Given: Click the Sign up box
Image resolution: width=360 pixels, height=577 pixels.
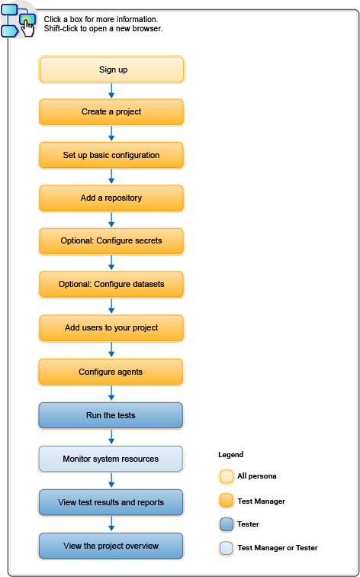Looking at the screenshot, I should (x=111, y=69).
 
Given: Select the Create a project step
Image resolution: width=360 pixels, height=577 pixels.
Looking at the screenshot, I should (x=111, y=112).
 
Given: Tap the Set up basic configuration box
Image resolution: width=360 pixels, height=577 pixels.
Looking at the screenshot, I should (x=111, y=155).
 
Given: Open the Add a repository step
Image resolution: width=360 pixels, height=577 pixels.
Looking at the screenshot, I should (x=111, y=198).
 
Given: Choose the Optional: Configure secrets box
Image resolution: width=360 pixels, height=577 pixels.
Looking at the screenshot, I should (x=111, y=241).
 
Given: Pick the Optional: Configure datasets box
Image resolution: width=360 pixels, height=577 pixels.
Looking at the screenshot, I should (x=111, y=285).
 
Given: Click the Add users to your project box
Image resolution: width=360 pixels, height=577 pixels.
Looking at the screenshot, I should (x=111, y=328).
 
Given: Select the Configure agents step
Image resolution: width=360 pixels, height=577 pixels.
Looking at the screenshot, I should (x=111, y=372).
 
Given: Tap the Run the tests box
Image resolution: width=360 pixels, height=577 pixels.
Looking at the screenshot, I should (x=111, y=415).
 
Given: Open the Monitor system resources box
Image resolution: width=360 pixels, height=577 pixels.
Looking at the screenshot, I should (x=111, y=459).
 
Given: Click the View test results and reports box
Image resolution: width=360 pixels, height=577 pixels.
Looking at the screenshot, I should (x=111, y=502).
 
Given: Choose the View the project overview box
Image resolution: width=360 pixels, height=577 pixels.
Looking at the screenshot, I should (x=111, y=546).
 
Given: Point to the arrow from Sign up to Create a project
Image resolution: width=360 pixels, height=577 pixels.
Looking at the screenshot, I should (x=111, y=91).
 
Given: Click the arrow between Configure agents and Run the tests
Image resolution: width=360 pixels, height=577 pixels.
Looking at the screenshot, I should (x=111, y=393).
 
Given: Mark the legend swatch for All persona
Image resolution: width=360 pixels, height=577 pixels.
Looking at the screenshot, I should (x=226, y=476).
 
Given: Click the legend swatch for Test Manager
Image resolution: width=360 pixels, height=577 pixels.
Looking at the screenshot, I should (x=226, y=501).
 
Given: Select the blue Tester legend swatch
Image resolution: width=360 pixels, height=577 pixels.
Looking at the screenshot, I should (x=226, y=524).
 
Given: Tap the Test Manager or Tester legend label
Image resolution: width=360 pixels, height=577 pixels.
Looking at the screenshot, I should (x=278, y=548).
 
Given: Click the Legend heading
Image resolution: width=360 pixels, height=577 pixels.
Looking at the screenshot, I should (x=230, y=454).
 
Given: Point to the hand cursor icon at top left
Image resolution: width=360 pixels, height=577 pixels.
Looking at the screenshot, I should (x=27, y=27).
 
